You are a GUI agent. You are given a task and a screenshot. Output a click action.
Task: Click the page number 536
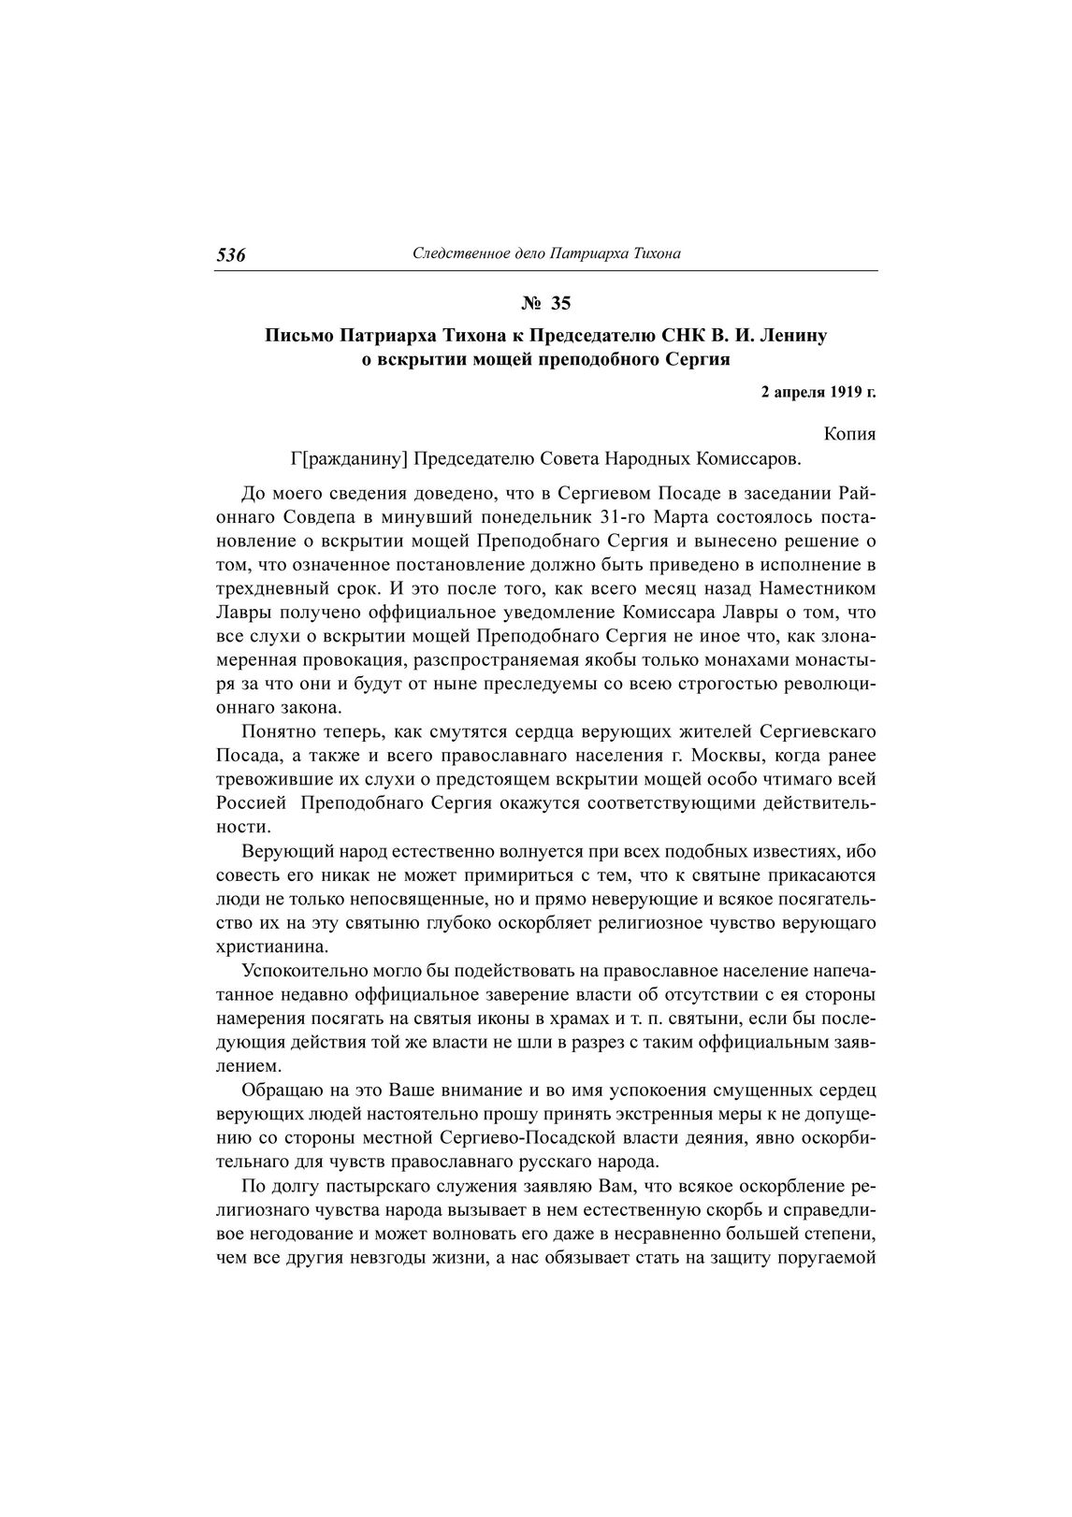click(x=231, y=255)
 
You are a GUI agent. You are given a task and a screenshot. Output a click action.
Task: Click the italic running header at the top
click(x=546, y=253)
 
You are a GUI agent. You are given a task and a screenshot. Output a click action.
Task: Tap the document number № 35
click(x=544, y=303)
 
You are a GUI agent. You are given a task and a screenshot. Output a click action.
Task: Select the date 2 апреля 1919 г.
click(x=818, y=393)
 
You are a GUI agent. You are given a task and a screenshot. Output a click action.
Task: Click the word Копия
click(x=850, y=435)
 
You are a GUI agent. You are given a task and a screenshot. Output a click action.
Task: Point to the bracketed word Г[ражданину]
click(x=351, y=459)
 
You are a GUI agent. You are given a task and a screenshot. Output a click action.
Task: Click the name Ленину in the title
click(x=793, y=335)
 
